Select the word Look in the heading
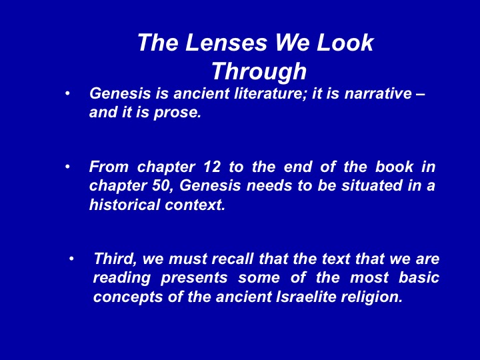[345, 42]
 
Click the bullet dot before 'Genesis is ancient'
[67, 93]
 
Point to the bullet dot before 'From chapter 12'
[67, 167]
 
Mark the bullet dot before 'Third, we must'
[71, 259]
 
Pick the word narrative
[378, 93]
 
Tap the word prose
[177, 113]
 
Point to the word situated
[371, 185]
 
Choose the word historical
[125, 205]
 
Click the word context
[195, 205]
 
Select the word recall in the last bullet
[233, 259]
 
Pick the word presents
[194, 278]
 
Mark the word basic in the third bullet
[419, 277]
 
